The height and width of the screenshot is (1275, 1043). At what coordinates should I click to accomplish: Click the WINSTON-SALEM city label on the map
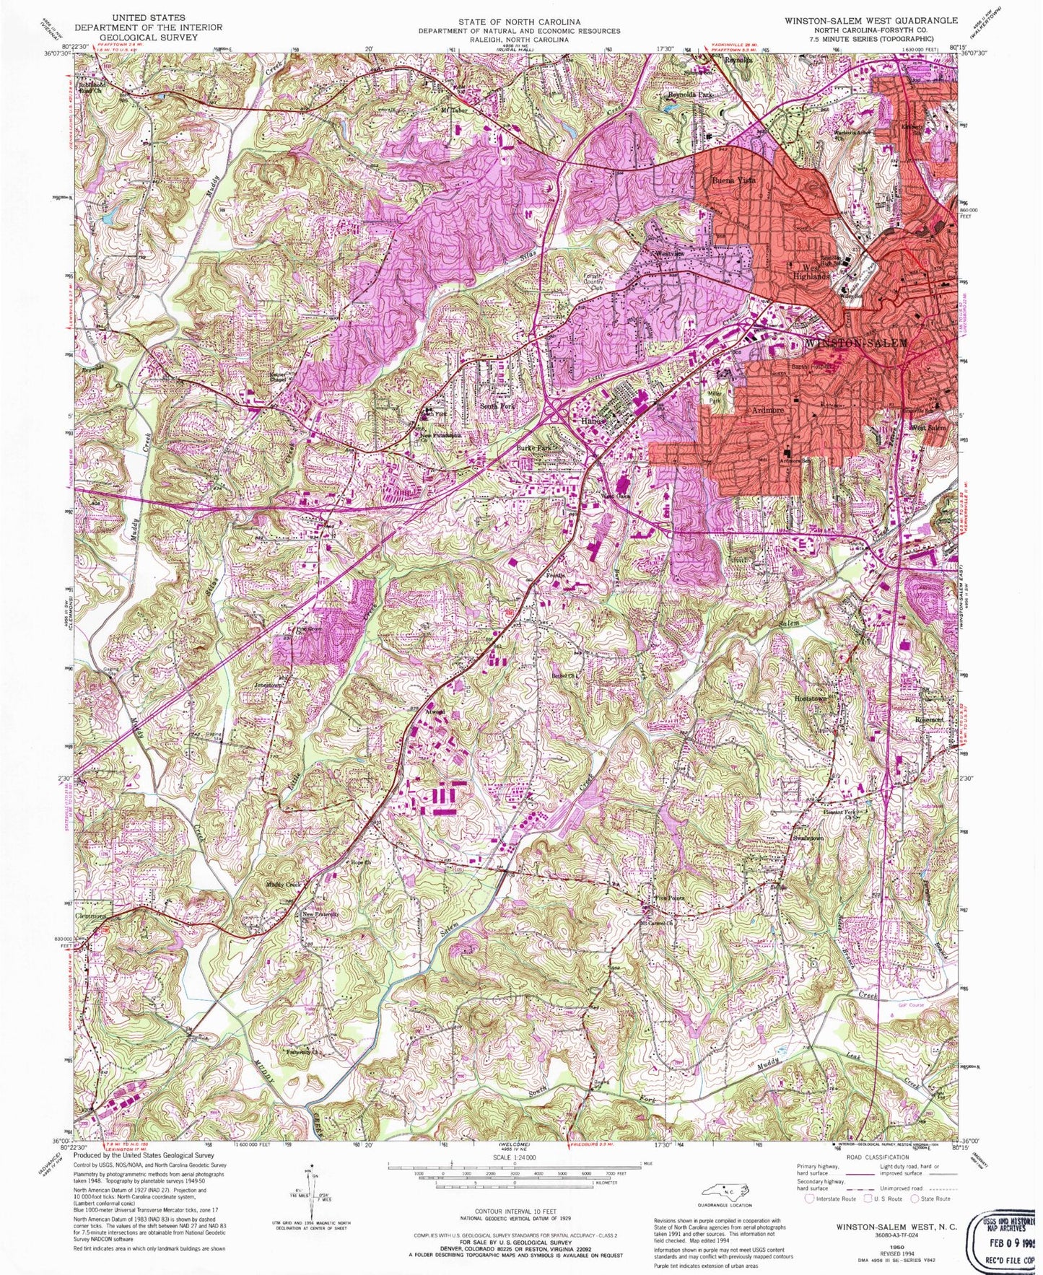(855, 343)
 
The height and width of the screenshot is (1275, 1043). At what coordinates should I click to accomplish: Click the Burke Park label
(533, 447)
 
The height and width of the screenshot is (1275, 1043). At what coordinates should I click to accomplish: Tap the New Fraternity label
(320, 914)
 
